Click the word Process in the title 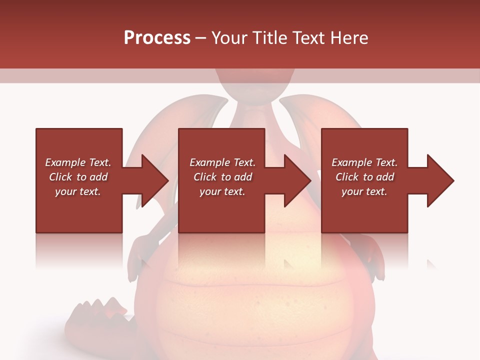[x=157, y=38]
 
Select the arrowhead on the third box [x=439, y=180]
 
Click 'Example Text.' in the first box [x=78, y=162]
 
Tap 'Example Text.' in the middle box [x=222, y=162]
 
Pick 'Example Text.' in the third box [x=364, y=162]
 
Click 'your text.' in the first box [x=78, y=191]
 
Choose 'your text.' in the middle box [x=222, y=191]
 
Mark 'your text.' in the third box [x=364, y=191]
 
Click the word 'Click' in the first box [x=61, y=177]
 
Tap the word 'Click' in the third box [x=347, y=177]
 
